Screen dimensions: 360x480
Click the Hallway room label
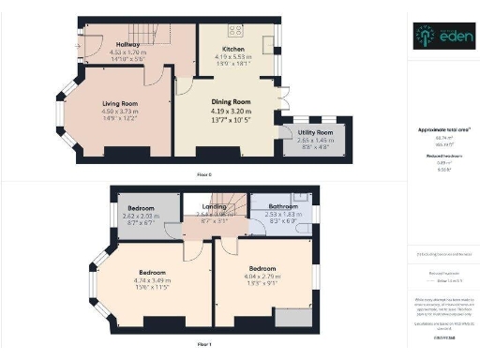pos(128,44)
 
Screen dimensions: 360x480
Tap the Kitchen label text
pos(232,47)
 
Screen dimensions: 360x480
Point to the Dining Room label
pos(230,100)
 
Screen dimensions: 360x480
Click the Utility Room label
pos(315,133)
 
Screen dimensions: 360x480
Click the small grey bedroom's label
pos(142,206)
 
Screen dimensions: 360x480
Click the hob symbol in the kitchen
pos(232,29)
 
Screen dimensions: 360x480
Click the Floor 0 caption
pos(203,175)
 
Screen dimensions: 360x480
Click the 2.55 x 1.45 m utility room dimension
pos(315,141)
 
